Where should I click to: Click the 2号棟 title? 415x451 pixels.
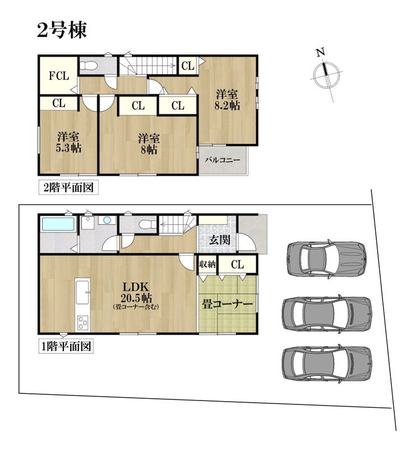(x=62, y=30)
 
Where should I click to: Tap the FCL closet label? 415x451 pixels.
(x=59, y=76)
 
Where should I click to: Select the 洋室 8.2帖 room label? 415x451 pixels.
(x=227, y=100)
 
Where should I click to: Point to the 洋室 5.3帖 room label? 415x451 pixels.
(x=68, y=142)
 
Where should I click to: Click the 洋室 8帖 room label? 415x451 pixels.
(x=149, y=144)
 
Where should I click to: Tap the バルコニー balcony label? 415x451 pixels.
(x=222, y=160)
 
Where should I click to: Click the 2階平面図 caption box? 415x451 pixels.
(x=68, y=187)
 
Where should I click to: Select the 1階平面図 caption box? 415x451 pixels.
(x=66, y=346)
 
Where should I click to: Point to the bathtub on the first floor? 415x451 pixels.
(x=58, y=224)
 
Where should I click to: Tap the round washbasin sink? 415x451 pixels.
(x=107, y=220)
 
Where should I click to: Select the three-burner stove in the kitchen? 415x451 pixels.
(x=83, y=323)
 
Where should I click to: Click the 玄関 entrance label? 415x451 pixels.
(x=219, y=240)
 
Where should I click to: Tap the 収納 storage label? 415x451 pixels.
(x=208, y=264)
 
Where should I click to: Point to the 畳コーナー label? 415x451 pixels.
(x=227, y=303)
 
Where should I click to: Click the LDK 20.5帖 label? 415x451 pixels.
(x=136, y=296)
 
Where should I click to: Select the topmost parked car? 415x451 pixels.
(x=327, y=259)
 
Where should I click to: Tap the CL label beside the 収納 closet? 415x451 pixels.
(x=237, y=264)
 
